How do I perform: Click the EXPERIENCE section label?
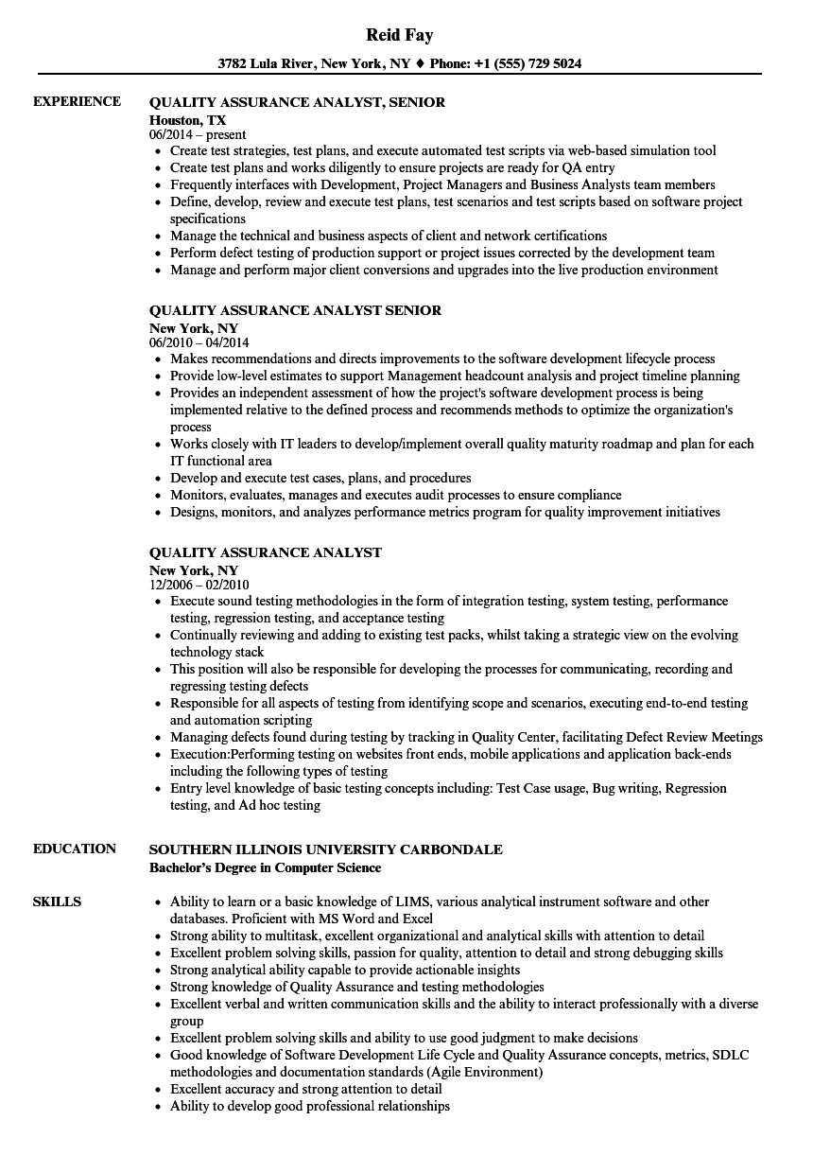point(77,101)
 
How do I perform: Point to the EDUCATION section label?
point(75,849)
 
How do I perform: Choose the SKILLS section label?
point(57,902)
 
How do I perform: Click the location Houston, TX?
point(188,120)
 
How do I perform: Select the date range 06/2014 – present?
point(198,135)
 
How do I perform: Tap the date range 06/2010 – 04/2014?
point(199,343)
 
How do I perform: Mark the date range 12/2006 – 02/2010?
point(199,586)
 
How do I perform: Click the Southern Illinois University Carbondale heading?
point(326,849)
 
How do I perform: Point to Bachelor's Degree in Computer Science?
point(266,867)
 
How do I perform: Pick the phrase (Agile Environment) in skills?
point(485,1072)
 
